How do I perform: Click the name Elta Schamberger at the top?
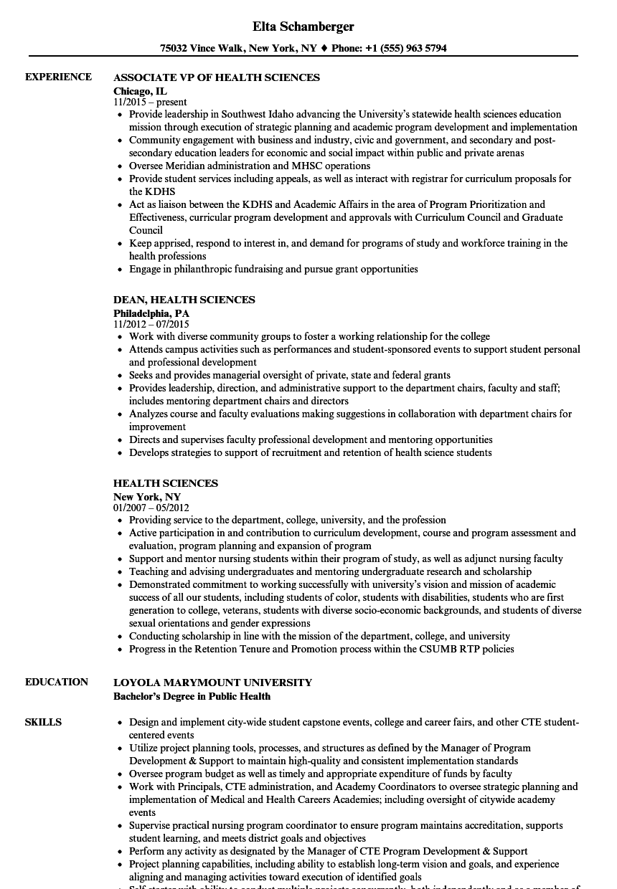point(303,27)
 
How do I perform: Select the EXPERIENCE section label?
point(58,77)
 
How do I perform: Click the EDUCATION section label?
point(57,682)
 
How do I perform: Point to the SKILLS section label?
point(43,722)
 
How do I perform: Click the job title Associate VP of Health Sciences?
point(217,77)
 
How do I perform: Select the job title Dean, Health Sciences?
point(184,300)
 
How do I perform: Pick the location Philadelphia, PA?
point(151,313)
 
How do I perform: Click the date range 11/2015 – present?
point(150,102)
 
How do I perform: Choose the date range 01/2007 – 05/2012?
point(151,508)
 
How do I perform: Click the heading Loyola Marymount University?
point(212,683)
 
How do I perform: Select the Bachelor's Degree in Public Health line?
point(192,695)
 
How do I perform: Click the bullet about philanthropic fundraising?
point(273,269)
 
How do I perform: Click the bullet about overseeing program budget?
point(321,774)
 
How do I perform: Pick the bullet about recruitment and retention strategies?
point(310,452)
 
